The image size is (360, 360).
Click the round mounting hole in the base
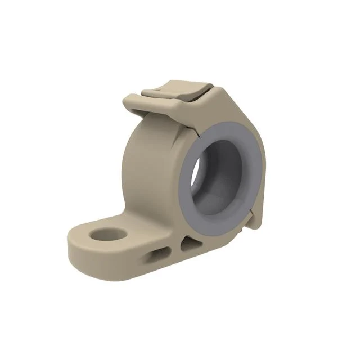(x=109, y=233)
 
